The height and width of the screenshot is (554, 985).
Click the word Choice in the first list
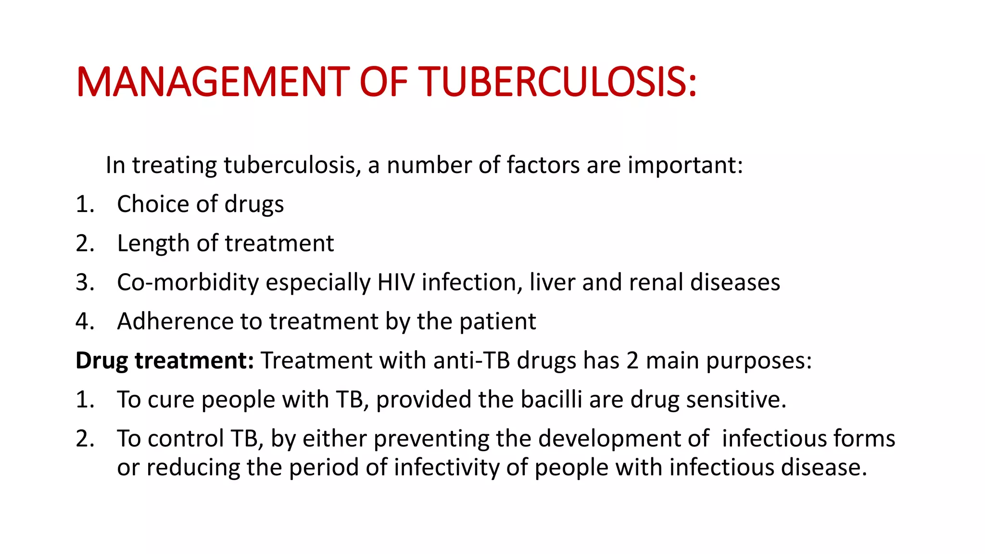coord(153,204)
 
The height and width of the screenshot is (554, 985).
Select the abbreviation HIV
coord(396,282)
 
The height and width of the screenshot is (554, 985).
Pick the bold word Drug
coord(101,361)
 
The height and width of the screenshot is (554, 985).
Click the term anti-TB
coord(471,361)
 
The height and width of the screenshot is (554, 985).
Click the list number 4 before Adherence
coord(85,321)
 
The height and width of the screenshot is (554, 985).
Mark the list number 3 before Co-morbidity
coord(85,282)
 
